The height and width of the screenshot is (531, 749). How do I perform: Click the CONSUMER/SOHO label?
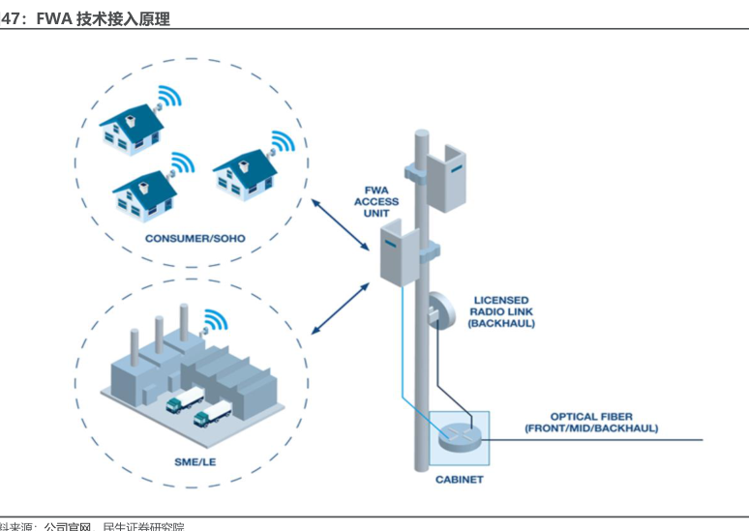[x=195, y=238]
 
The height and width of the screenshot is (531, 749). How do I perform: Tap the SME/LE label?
[x=195, y=461]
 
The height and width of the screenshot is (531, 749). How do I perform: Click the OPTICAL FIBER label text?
[x=591, y=423]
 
